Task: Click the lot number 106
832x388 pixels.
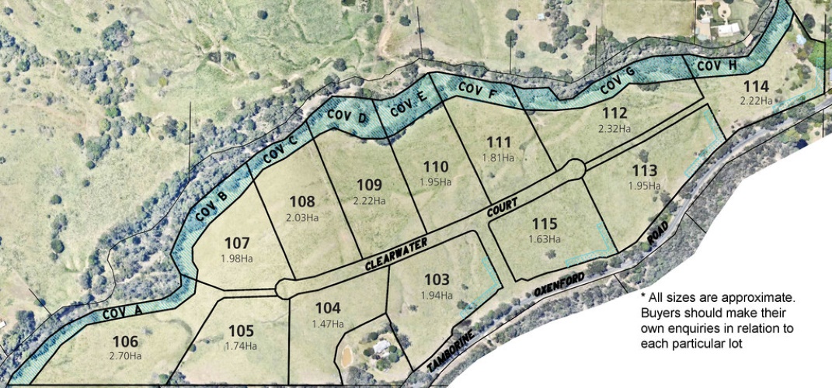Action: click(x=125, y=341)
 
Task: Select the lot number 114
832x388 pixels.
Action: click(x=755, y=85)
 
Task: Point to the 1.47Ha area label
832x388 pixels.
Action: click(x=327, y=323)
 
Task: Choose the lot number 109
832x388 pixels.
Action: click(x=369, y=185)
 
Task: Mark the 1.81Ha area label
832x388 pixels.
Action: click(x=498, y=157)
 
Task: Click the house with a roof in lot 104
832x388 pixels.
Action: click(x=381, y=347)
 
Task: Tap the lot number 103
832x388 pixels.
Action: click(x=437, y=280)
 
